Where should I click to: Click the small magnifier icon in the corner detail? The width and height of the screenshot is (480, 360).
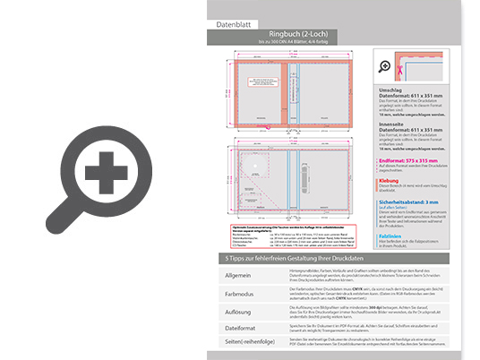point(385,66)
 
